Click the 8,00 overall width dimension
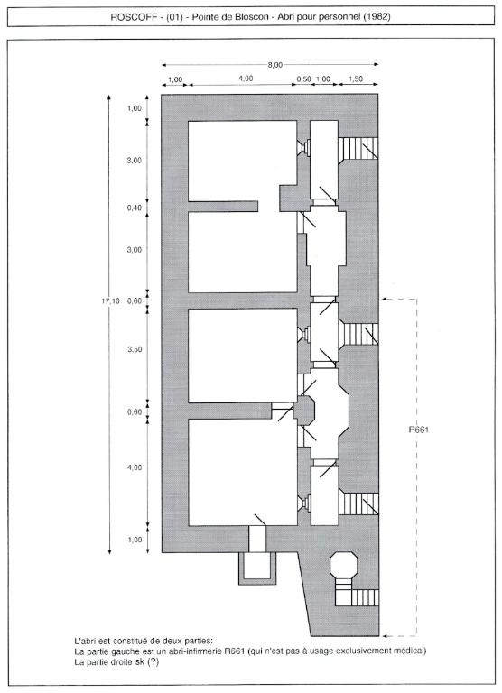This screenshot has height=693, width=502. tap(274, 65)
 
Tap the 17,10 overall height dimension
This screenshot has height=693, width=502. tap(110, 301)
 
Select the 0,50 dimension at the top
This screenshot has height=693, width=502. tap(304, 79)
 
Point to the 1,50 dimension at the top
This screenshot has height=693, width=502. tap(356, 79)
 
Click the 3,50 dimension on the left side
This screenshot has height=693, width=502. tap(135, 349)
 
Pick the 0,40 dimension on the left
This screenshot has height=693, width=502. tap(135, 208)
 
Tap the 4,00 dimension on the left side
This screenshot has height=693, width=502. tap(135, 467)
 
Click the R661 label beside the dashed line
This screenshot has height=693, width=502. tap(418, 430)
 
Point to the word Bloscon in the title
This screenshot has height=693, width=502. tap(251, 17)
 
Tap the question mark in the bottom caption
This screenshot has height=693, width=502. tap(153, 662)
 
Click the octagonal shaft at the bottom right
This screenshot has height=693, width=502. tap(344, 564)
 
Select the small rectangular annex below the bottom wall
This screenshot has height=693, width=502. tap(256, 568)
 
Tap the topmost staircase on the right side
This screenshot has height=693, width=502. tap(358, 148)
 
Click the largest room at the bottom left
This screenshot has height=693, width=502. tap(242, 472)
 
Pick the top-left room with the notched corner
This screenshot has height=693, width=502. tap(242, 161)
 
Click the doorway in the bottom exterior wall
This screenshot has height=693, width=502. tap(257, 540)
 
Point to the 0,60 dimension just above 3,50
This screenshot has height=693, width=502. tap(135, 301)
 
